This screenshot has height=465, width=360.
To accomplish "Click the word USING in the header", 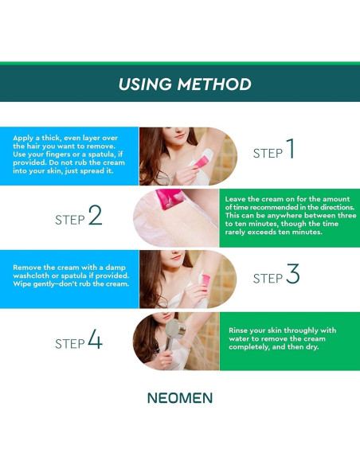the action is point(145,84).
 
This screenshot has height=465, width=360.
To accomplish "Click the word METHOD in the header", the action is point(214,84).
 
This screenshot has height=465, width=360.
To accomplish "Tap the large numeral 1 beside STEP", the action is point(291,148).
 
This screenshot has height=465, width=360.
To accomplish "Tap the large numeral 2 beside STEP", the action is point(96,215).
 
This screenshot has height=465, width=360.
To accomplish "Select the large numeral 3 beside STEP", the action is point(293,274).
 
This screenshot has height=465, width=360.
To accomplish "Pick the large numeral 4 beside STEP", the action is point(96,338).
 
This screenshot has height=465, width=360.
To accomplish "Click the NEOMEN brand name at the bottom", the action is point(180,398).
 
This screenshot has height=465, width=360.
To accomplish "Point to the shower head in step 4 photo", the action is point(175,329).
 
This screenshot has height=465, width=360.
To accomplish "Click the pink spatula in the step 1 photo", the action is point(202,162).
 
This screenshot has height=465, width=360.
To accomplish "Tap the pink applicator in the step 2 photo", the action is point(169,198).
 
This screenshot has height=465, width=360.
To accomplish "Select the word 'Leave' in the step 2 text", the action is point(234,199).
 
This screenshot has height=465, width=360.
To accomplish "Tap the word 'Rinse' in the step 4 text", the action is point(238,330).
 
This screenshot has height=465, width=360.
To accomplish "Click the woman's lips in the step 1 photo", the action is point(179,136).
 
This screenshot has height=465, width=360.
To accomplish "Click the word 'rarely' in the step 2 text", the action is point(235,232).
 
